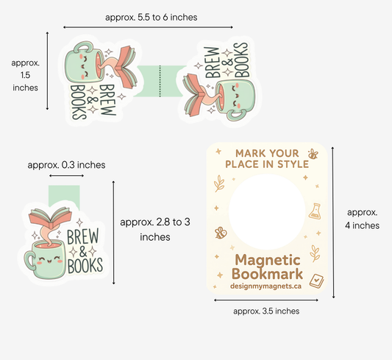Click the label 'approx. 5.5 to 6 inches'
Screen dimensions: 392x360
point(151,17)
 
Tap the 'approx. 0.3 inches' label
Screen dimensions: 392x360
point(66,165)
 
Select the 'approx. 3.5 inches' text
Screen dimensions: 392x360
point(266,311)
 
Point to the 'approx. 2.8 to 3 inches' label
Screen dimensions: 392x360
point(155,229)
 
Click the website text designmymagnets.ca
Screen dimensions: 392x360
point(266,286)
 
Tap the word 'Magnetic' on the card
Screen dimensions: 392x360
point(268,261)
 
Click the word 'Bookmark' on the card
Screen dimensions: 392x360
point(267,274)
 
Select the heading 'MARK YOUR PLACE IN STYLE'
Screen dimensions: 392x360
point(267,158)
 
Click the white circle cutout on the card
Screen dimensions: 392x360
point(267,211)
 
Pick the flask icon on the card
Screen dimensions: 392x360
point(315,211)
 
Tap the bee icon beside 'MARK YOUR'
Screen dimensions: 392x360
point(313,154)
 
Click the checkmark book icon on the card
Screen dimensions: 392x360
point(316,281)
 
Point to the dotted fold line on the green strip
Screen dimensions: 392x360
point(160,81)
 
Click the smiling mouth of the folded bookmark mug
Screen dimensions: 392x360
point(49,261)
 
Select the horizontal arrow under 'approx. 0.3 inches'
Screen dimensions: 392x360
point(66,176)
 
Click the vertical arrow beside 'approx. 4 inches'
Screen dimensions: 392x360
point(333,222)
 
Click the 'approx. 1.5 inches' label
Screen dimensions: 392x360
point(25,75)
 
